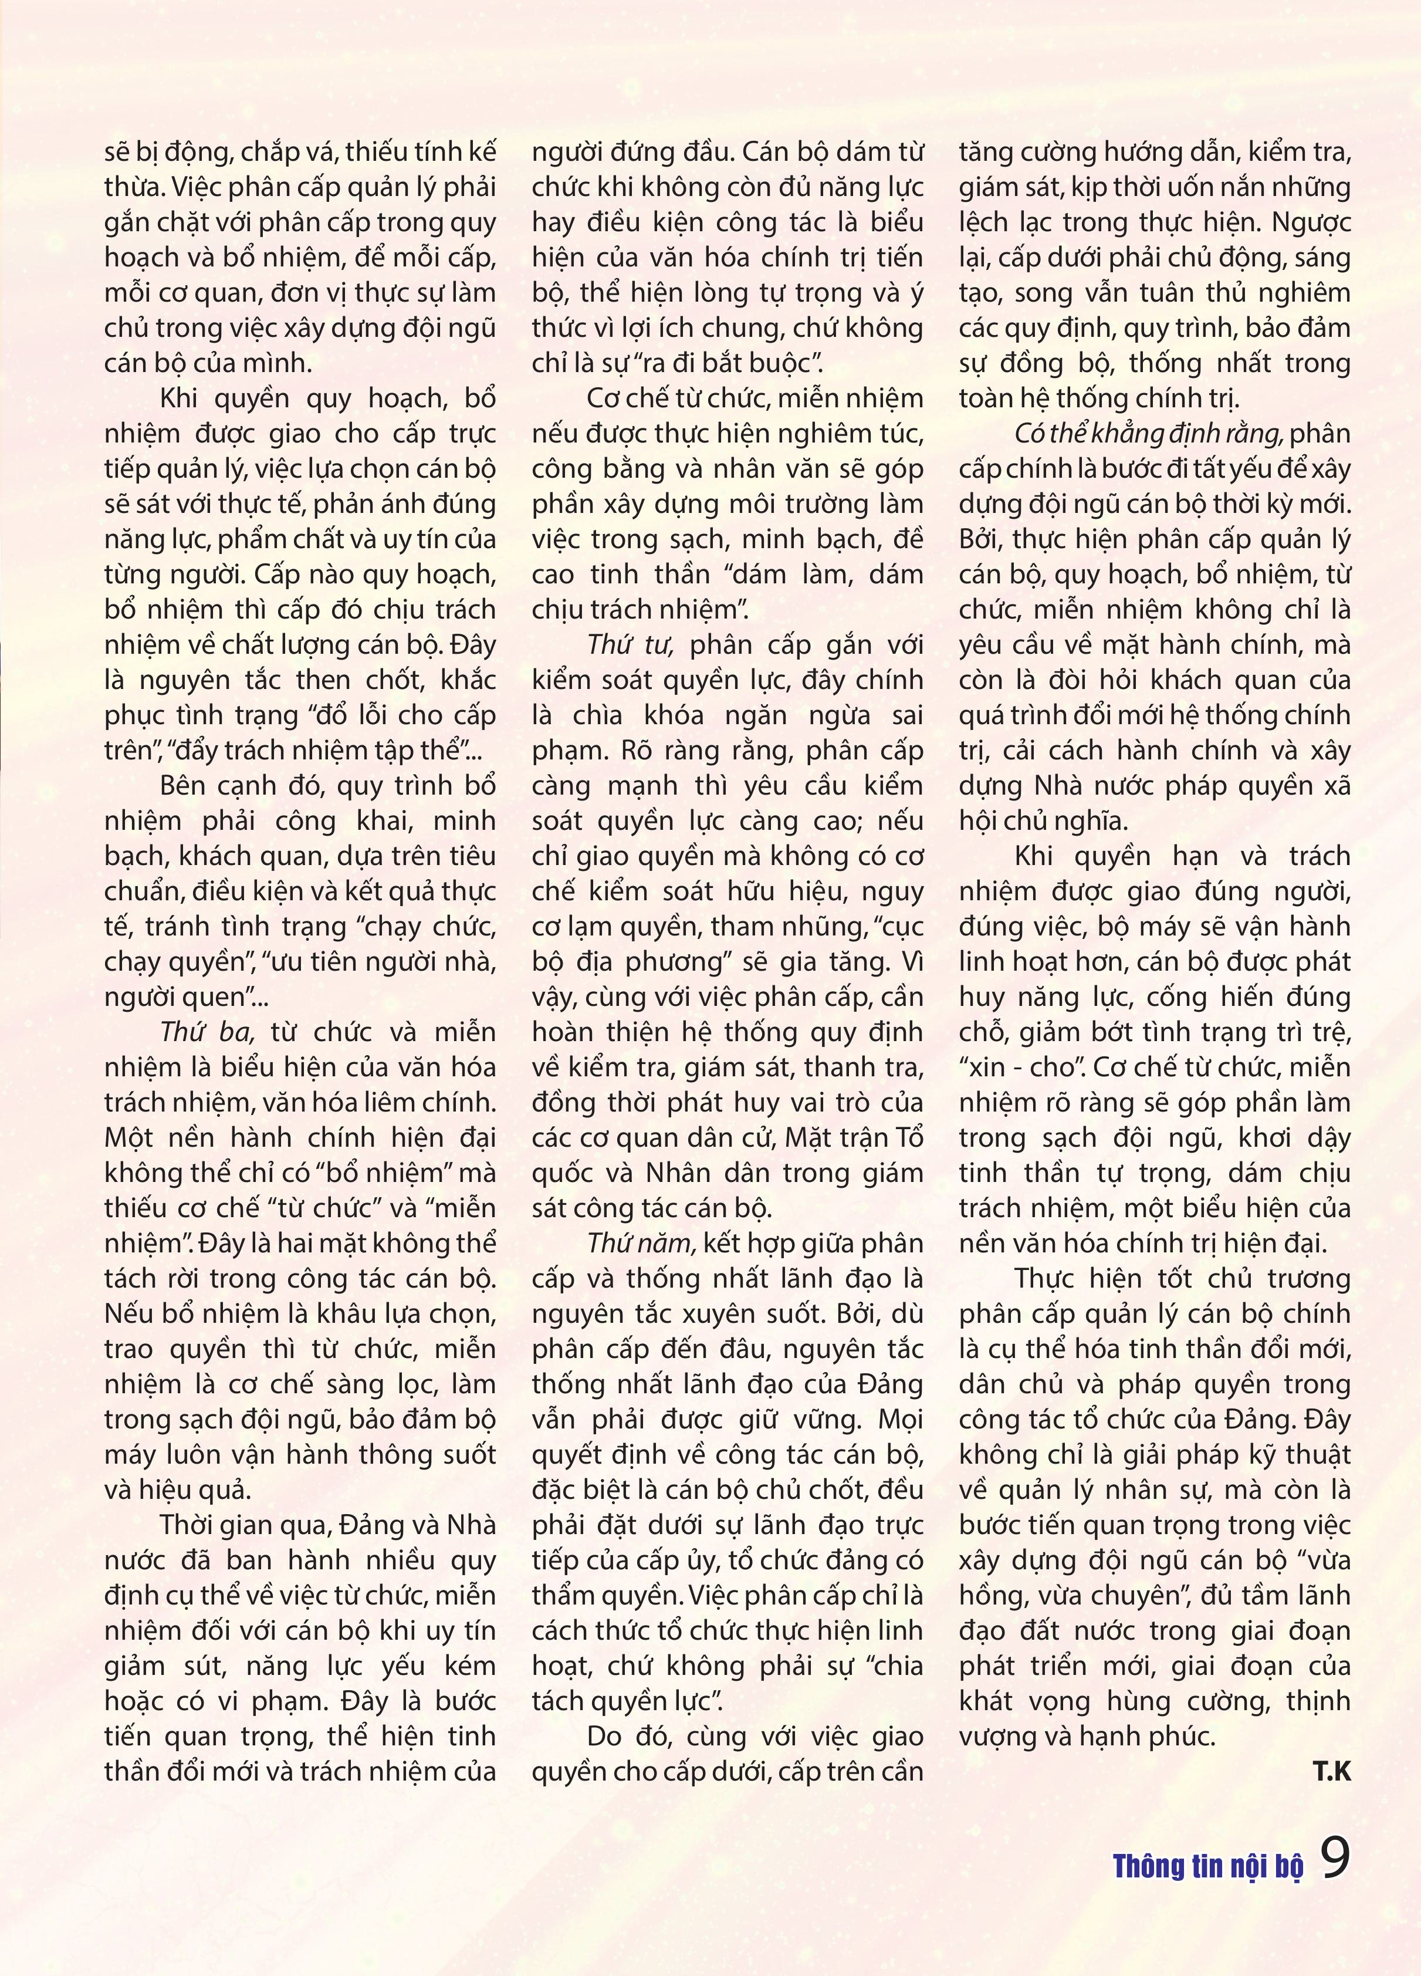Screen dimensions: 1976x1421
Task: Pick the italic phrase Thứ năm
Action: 640,1243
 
